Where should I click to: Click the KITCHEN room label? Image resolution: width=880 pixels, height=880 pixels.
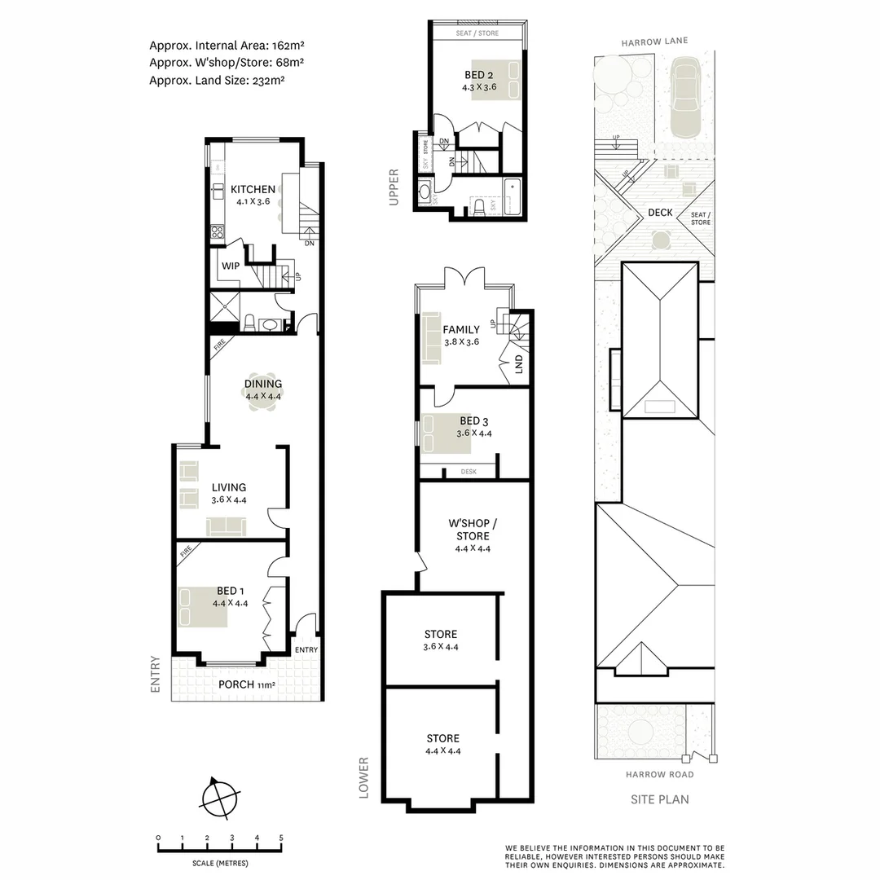[x=253, y=189]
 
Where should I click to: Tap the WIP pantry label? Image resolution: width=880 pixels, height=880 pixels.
[x=230, y=266]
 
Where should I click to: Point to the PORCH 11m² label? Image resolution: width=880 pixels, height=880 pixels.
[x=247, y=684]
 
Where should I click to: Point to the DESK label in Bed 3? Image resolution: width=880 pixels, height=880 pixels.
[x=468, y=472]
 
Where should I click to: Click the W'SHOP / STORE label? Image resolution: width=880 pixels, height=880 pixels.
[x=473, y=530]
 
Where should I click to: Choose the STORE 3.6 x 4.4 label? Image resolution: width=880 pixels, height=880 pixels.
[x=441, y=640]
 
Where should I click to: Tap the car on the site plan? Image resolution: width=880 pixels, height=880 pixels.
[x=684, y=96]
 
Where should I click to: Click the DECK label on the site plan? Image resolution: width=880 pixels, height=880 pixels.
[x=660, y=213]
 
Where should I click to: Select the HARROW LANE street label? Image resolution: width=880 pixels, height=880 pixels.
[x=654, y=42]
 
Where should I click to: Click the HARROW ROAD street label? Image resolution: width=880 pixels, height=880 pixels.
[x=660, y=774]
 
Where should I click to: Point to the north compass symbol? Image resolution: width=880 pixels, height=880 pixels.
[x=222, y=796]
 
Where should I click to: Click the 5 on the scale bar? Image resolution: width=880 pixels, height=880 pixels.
[x=281, y=838]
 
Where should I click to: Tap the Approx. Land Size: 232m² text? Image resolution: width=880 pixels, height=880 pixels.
[x=217, y=80]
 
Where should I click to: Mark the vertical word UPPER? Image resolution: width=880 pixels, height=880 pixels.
[x=394, y=187]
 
